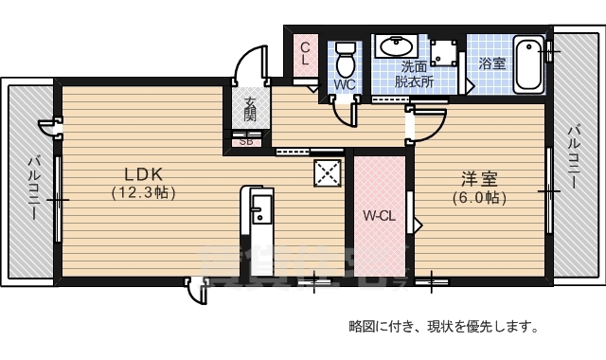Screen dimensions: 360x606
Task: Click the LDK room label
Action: click(145, 173)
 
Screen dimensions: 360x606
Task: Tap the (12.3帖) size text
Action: click(145, 192)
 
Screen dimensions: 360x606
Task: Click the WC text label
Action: click(344, 83)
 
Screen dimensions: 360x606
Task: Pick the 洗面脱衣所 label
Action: click(415, 74)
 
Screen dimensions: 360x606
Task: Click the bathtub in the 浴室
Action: click(529, 64)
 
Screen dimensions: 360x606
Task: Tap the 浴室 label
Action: click(491, 64)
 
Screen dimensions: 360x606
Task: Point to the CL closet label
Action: click(306, 53)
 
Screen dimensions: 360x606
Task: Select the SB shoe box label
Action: click(246, 143)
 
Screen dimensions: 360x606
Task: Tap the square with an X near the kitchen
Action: click(329, 174)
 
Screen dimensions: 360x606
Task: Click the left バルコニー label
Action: click(34, 188)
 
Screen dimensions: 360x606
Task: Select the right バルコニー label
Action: click(574, 155)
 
